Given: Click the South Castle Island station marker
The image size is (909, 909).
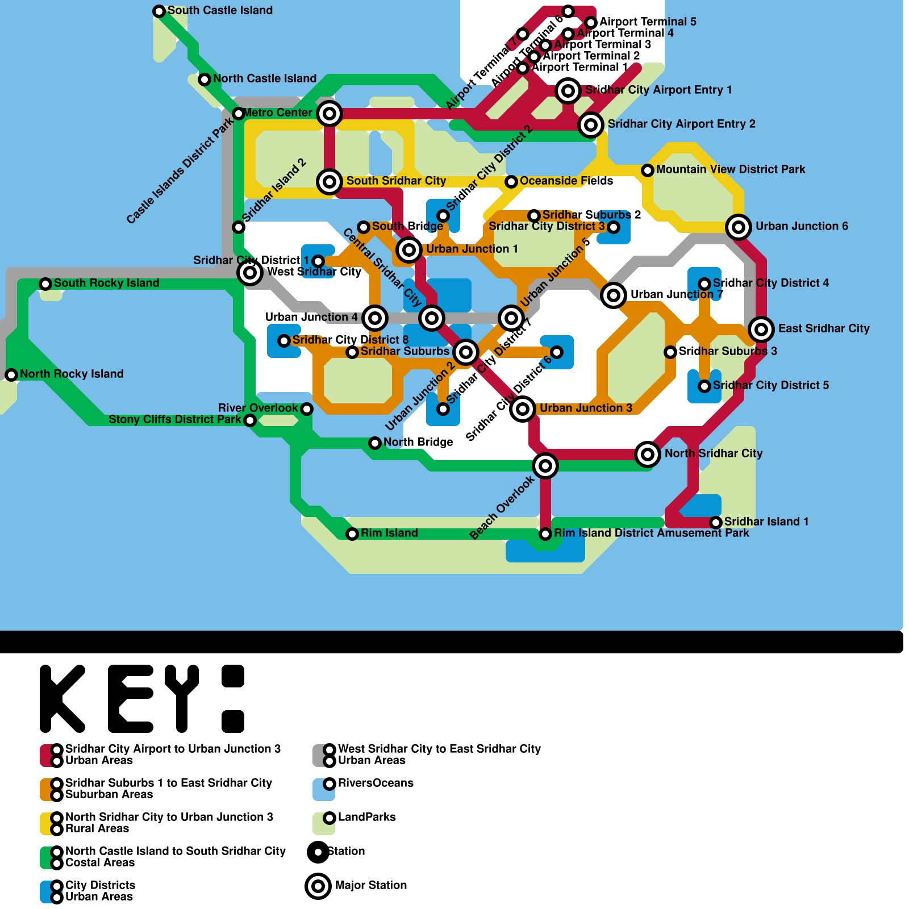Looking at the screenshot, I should coord(159,11).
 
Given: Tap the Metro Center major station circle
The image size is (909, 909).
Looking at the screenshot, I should coord(330,114).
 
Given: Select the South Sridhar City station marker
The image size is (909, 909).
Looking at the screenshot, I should coord(330,182).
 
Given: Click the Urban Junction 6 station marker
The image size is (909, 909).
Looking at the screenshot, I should coord(739,227).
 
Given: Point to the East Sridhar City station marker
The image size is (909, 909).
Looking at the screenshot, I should coord(761,329).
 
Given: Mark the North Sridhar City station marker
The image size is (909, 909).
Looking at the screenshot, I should coord(648,454).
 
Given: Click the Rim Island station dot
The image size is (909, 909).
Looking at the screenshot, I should coord(352,534).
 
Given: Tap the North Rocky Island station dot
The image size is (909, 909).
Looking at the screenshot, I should coord(11,374).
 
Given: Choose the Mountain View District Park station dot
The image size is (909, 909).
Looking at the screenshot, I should coord(648,170).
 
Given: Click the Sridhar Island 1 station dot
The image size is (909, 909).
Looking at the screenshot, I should coord(716,522).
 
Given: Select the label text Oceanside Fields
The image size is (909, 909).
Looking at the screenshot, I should coord(566,181).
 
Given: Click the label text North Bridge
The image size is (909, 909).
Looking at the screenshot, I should coord(418,442).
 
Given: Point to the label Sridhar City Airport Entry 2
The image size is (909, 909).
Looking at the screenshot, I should coord(681,124).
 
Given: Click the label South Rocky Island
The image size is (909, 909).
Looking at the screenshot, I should coord(106,283).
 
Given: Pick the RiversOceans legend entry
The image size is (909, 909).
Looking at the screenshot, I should coord(376,783).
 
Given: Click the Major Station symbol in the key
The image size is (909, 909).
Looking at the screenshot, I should coord(318,886).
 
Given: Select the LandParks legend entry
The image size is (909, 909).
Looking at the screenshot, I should coord(366,817).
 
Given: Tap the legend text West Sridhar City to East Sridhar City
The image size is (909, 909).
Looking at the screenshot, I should coord(439,749).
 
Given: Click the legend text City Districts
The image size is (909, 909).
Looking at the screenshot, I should coord(100,885).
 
